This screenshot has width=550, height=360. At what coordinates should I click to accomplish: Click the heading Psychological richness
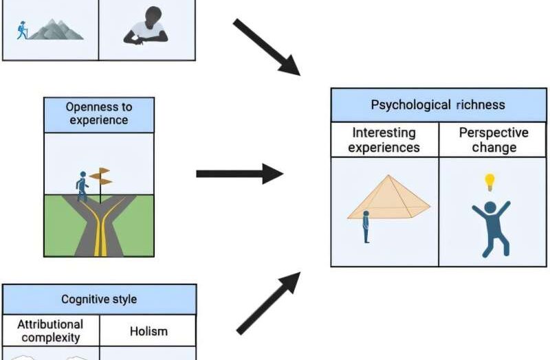tap(438, 105)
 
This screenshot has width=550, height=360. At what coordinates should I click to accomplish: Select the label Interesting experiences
tap(384, 139)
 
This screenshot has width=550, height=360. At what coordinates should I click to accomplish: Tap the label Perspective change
tap(493, 139)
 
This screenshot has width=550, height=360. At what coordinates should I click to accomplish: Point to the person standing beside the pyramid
tap(366, 227)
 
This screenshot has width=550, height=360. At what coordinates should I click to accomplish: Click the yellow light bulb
tap(489, 181)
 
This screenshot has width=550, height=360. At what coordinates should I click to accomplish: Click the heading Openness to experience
tap(99, 113)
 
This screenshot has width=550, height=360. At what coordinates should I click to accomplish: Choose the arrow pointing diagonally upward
tap(268, 302)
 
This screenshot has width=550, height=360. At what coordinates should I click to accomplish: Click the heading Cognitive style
tap(99, 300)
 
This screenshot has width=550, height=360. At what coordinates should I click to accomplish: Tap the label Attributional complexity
tap(51, 330)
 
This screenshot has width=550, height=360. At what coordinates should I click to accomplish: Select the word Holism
tap(148, 331)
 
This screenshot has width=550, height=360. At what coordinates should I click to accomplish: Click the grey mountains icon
tap(56, 29)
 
